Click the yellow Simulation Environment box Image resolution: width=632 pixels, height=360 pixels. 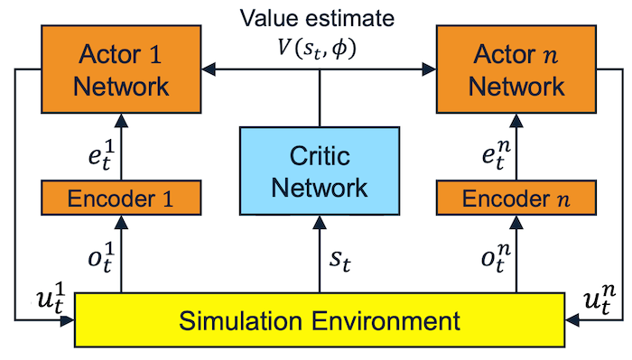click(x=318, y=320)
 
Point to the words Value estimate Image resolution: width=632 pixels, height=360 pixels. click(x=318, y=18)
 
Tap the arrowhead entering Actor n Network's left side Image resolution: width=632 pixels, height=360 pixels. click(x=432, y=68)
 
